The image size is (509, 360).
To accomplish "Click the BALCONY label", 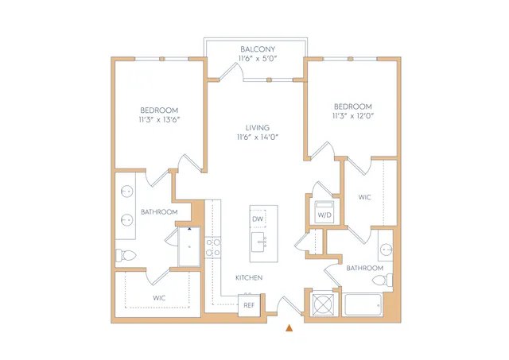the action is pyautogui.click(x=258, y=49).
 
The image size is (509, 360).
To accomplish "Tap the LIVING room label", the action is pyautogui.click(x=258, y=128).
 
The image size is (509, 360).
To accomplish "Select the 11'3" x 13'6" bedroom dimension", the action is pyautogui.click(x=159, y=120).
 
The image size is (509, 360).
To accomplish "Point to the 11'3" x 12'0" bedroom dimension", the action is pyautogui.click(x=353, y=116).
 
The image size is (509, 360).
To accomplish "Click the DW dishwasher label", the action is pyautogui.click(x=258, y=219).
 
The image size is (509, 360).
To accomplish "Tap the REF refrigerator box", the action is pyautogui.click(x=249, y=305).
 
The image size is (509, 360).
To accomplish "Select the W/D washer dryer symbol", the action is pyautogui.click(x=324, y=212).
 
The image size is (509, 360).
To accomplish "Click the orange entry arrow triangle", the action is pyautogui.click(x=289, y=328).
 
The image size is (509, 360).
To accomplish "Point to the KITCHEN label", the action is pyautogui.click(x=249, y=277).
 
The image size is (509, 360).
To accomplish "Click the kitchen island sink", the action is pyautogui.click(x=259, y=242).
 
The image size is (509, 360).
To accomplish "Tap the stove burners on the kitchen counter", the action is pyautogui.click(x=213, y=247).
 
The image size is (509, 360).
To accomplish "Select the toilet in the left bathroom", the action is pyautogui.click(x=126, y=255).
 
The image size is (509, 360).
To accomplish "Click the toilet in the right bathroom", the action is pyautogui.click(x=383, y=280).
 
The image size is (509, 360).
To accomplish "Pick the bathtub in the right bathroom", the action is pyautogui.click(x=363, y=304).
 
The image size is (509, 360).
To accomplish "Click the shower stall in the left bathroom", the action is pyautogui.click(x=189, y=246).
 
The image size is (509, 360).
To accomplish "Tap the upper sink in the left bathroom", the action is pyautogui.click(x=127, y=192).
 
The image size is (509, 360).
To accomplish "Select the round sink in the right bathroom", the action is pyautogui.click(x=386, y=250).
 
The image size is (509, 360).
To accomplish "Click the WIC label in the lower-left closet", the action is pyautogui.click(x=159, y=298).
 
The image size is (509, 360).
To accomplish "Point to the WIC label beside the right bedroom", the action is pyautogui.click(x=364, y=197).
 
